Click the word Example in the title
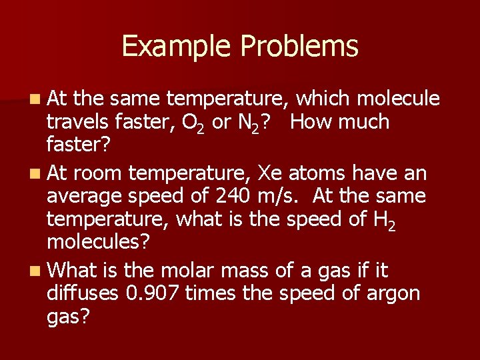tap(177, 47)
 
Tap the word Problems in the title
tap(299, 47)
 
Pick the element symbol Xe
tap(273, 173)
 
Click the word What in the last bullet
tap(72, 271)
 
